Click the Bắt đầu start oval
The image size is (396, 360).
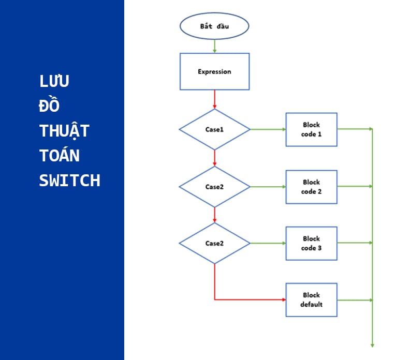click(214, 26)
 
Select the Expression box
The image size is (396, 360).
click(214, 71)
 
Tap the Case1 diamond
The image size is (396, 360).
click(214, 129)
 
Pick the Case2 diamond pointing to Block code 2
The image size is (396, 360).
click(214, 187)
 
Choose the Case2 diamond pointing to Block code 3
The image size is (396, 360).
click(214, 243)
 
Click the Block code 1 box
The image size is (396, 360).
click(311, 129)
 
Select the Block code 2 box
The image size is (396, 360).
click(311, 187)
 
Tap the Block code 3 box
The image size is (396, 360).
click(311, 243)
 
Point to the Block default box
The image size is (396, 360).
click(311, 300)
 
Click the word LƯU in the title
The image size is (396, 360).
click(54, 81)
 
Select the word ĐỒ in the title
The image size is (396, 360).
click(50, 106)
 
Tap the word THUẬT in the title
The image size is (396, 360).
click(64, 131)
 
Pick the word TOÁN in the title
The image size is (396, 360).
click(60, 156)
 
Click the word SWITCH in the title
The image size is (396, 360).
click(69, 181)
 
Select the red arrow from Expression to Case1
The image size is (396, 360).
click(214, 99)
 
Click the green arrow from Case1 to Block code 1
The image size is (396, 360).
click(268, 129)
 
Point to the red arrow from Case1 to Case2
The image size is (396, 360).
click(214, 158)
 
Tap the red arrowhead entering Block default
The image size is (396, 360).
click(283, 300)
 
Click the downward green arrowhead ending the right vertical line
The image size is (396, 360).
click(372, 344)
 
